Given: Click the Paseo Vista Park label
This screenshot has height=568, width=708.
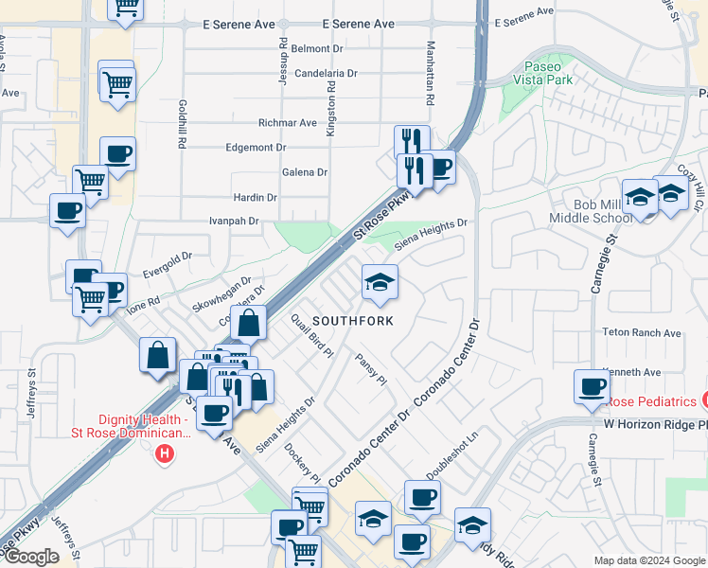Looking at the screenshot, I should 544,74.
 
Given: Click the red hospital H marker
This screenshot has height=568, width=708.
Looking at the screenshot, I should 165,453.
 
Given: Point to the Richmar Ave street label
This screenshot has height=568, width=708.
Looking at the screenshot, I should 288,123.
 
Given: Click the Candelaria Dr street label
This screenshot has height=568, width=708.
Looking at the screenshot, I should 326,73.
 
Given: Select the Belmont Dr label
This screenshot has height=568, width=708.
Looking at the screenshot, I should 317,48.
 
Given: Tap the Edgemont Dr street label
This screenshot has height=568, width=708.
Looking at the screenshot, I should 256,148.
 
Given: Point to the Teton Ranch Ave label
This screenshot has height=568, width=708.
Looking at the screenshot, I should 642,333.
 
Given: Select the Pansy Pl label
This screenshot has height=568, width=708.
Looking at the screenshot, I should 371,368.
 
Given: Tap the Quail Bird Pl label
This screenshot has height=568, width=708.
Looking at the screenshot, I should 312,334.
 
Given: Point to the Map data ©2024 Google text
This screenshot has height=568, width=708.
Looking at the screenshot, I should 649,560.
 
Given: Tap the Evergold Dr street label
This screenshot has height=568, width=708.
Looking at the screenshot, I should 167,256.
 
